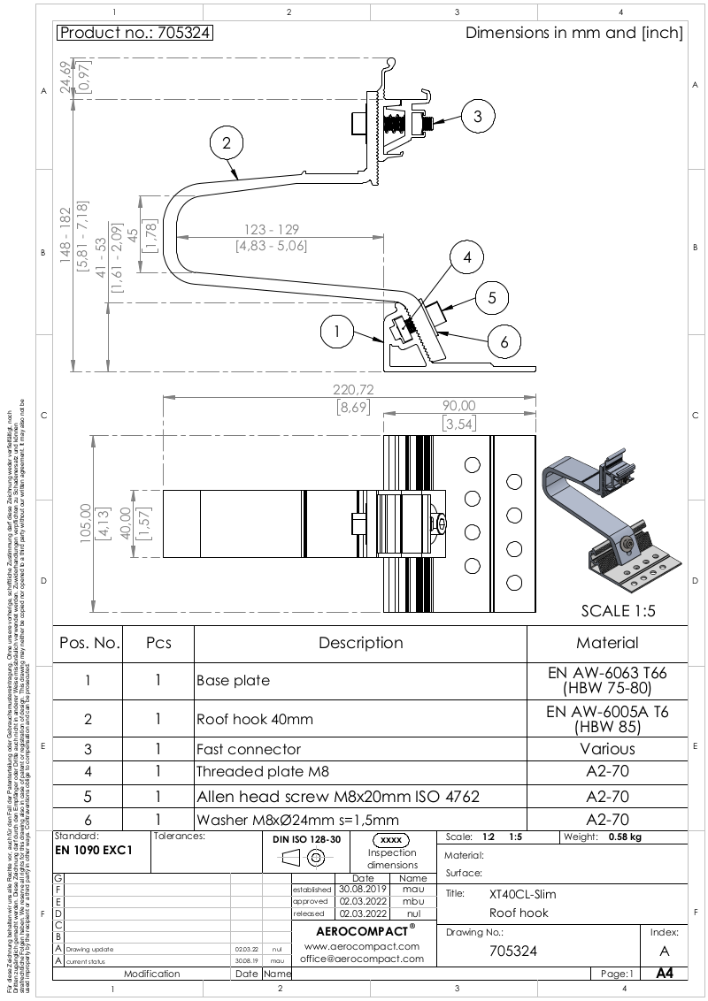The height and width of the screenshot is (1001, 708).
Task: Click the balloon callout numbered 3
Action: click(477, 116)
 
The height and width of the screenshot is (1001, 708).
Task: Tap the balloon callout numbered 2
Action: click(227, 142)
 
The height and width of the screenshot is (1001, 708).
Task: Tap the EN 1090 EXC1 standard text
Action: click(93, 850)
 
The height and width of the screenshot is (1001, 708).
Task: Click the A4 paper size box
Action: click(664, 974)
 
